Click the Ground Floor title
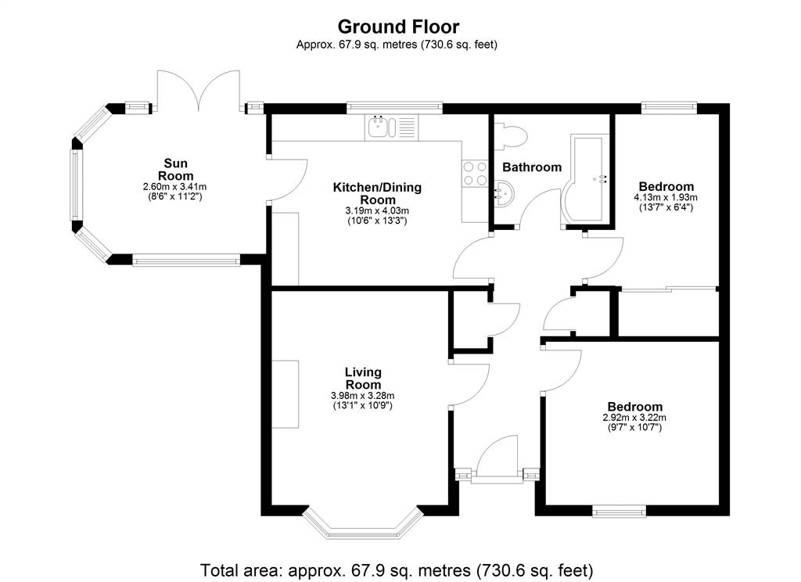pos(398,26)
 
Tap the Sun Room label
pos(175,170)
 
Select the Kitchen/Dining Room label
pos(378,194)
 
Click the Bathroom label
pos(532,167)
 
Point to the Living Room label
pos(363,379)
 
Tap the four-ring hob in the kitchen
pos(475,173)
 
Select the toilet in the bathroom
pos(511,136)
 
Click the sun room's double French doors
pos(199,90)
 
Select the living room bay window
pos(363,523)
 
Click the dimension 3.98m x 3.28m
pos(363,396)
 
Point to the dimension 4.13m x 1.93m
pos(666,197)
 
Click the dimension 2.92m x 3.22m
pos(634,418)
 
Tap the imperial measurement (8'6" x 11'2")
pos(174,196)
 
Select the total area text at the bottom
pos(397,569)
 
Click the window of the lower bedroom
pos(620,511)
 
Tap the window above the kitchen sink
pos(394,107)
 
